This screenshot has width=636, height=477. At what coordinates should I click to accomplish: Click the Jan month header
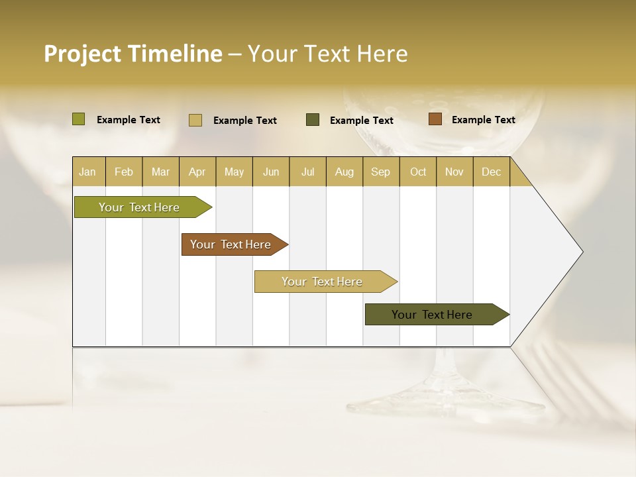(x=87, y=172)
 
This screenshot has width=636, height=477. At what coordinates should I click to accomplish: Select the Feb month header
(x=124, y=172)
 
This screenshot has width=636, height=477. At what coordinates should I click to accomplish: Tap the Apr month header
(x=197, y=172)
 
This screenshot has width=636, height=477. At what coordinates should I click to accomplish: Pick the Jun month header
(x=271, y=172)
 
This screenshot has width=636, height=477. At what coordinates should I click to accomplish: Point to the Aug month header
(x=344, y=172)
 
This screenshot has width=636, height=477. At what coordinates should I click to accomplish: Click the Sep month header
(x=380, y=172)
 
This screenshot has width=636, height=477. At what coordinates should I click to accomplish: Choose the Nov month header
(x=454, y=172)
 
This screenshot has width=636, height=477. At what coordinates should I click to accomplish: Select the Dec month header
(x=491, y=172)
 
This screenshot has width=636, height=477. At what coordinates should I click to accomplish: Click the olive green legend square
(x=79, y=119)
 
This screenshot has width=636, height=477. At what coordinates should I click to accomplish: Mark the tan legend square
(x=195, y=120)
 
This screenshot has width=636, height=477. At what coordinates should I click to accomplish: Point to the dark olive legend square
(x=313, y=120)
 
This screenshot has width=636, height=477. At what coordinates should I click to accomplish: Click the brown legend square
(x=435, y=119)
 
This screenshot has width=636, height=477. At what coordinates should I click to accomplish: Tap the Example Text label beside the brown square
(x=483, y=120)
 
